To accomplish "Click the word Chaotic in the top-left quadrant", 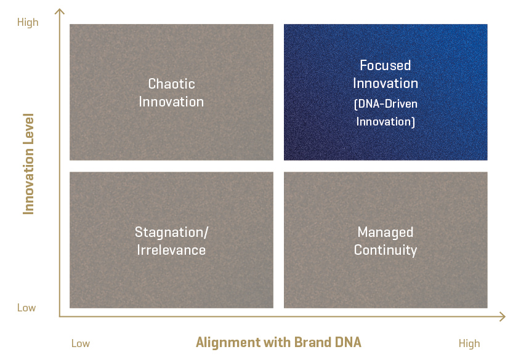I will coord(171,84).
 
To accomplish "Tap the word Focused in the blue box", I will coord(386,65).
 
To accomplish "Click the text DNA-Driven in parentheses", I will coord(386,104).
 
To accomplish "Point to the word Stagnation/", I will coord(171,232).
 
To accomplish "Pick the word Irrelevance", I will coord(171,250).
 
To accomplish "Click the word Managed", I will coord(386,232).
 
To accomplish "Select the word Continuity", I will coord(386,250).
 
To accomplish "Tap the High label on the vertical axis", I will coord(27,22).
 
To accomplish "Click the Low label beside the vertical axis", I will coord(26,308).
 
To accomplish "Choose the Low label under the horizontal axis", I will coord(81,343).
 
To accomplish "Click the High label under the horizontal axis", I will coord(469,343).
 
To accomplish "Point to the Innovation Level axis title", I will coord(28,164).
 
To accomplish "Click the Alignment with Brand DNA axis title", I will coord(278,342).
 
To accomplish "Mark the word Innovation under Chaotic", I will coord(171,102).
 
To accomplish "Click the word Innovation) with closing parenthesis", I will coord(386,122).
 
